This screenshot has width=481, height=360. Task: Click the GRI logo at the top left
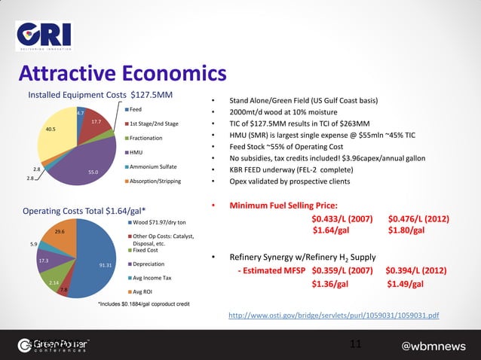point(44,34)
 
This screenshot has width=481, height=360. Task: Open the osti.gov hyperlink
point(332,315)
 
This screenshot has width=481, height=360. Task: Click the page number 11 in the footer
point(356,344)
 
